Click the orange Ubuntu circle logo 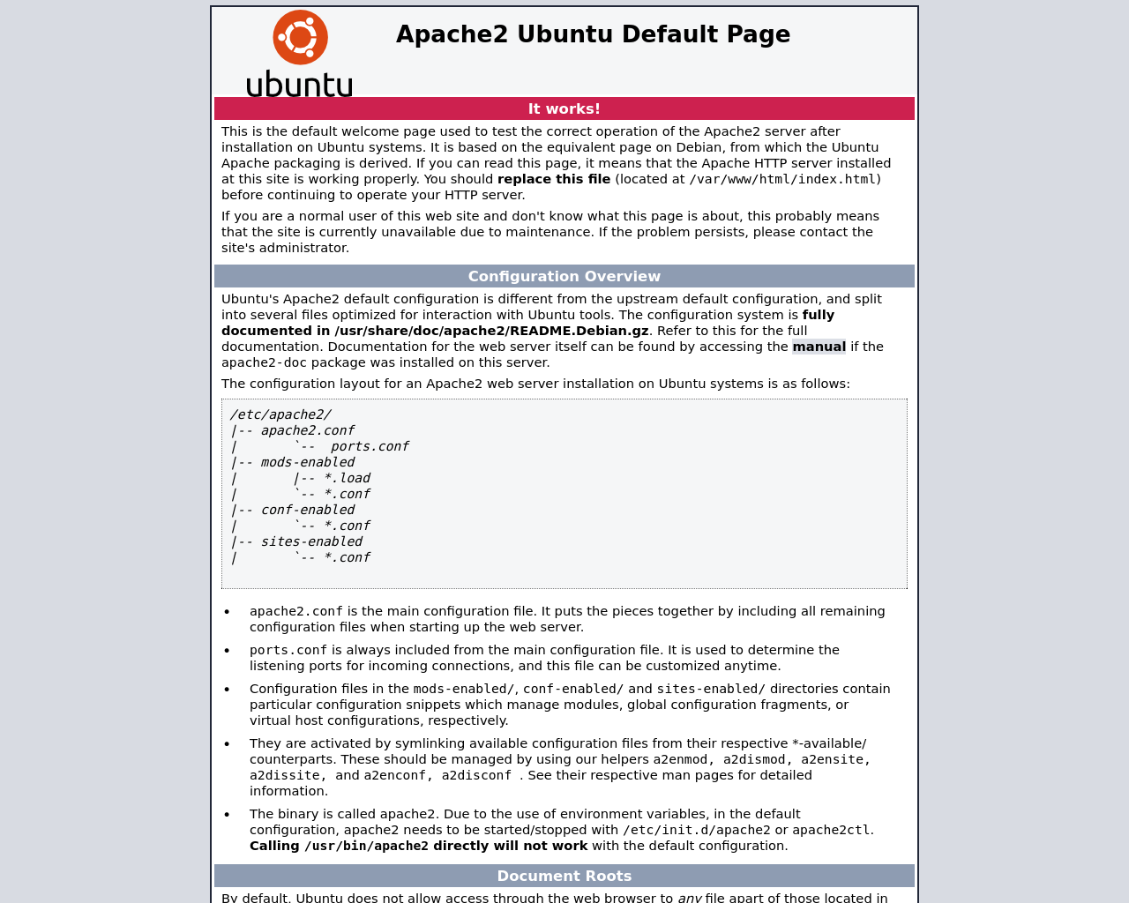click(x=300, y=37)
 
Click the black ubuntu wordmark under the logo click(x=299, y=84)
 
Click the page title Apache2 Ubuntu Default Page click(x=593, y=34)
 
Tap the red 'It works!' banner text click(x=564, y=109)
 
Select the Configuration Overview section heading click(x=564, y=277)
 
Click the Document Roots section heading click(x=564, y=877)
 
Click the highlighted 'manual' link click(x=819, y=347)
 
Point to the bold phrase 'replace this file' click(x=553, y=179)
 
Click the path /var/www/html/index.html click(x=782, y=180)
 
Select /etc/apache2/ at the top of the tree click(x=280, y=414)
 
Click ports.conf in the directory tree click(x=370, y=446)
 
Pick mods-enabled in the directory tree click(x=307, y=462)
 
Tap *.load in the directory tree click(x=347, y=478)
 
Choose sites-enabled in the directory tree click(x=311, y=541)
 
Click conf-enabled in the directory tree click(x=307, y=510)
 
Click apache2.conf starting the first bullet click(x=295, y=612)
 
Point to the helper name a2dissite click(x=284, y=776)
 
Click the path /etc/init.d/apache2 click(x=696, y=831)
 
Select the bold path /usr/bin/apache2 click(x=366, y=847)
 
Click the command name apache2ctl click(x=831, y=831)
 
